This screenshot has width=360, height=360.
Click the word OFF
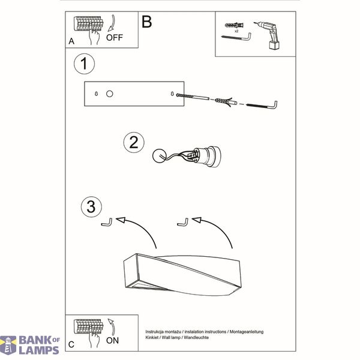115,37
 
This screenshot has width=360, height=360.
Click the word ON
112,340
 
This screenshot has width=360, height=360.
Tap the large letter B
147,22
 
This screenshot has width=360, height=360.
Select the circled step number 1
84,64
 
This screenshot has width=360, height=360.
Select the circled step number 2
134,143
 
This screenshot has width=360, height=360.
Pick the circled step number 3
91,206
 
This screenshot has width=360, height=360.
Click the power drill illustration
269,35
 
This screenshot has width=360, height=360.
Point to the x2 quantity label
236,31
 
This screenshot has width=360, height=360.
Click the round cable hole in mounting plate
110,94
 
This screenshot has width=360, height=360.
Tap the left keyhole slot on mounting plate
96,94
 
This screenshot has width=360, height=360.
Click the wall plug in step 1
226,101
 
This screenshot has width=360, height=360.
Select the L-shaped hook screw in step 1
262,106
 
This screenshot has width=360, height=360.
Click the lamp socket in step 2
204,156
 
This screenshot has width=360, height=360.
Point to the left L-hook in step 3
107,223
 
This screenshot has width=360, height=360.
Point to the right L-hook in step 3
183,223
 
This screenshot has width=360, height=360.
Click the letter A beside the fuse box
71,41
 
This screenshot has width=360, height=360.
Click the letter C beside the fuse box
71,344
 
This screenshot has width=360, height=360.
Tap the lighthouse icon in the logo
8,345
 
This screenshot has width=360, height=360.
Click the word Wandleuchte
196,337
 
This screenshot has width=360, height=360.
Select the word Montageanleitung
247,332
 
